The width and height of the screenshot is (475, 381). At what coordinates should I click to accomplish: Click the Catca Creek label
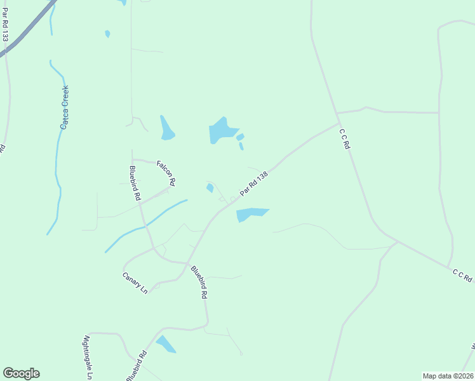64,108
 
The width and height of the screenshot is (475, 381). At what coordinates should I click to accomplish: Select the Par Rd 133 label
5,25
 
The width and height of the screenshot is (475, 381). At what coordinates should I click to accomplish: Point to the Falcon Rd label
166,173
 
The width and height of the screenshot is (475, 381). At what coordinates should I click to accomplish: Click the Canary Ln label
135,283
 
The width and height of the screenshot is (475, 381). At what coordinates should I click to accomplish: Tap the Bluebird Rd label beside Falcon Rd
135,184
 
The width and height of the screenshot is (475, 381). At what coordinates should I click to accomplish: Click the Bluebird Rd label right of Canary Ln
199,283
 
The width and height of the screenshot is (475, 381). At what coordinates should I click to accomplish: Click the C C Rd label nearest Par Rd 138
345,138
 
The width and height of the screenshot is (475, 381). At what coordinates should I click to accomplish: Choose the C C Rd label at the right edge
462,275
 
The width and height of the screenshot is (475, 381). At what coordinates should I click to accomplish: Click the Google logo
21,373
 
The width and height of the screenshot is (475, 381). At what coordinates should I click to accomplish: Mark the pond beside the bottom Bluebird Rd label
166,344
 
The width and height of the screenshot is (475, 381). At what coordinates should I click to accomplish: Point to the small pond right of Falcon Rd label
210,187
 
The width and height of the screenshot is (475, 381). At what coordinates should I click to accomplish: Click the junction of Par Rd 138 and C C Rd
338,124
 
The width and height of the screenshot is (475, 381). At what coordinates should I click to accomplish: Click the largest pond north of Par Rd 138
222,131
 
